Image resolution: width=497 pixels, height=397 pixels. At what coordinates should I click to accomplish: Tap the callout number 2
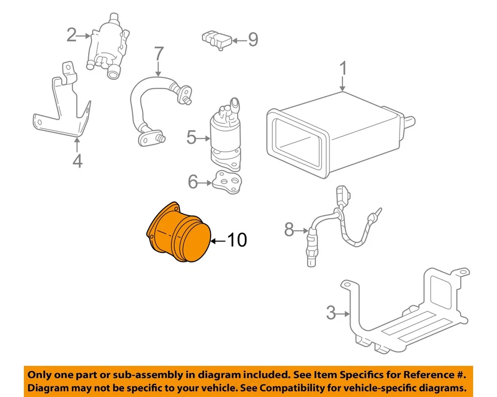coord(71,35)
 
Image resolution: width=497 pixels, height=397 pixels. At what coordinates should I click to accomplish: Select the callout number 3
coord(331,313)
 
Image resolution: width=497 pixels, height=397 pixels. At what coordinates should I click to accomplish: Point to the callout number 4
coord(77,162)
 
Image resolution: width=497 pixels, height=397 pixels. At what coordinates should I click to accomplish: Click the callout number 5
coord(192,138)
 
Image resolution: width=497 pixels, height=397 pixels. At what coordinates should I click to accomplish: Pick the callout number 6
coord(193,181)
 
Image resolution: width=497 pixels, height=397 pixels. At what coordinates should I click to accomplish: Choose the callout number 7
coord(158,54)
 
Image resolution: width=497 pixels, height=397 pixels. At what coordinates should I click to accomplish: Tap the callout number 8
coord(289,229)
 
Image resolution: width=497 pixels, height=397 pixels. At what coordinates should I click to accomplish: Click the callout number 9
coord(253,39)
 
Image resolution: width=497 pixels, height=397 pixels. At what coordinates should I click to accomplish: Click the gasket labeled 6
coord(226,182)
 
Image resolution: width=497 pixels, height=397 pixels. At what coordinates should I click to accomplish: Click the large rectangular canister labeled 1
coord(337,135)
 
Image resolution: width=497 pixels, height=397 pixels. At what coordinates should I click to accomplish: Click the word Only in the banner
coord(42,375)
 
